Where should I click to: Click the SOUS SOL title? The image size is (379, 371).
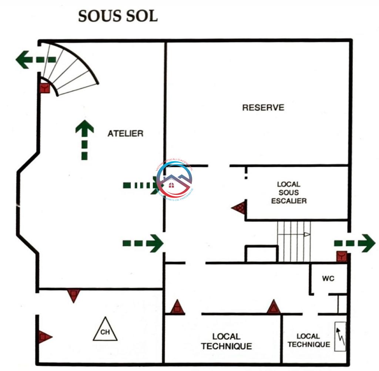click(118, 16)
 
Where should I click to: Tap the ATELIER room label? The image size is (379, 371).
click(125, 133)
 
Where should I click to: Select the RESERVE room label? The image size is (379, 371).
click(263, 108)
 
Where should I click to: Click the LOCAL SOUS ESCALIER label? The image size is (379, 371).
click(289, 193)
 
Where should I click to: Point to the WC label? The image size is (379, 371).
click(328, 279)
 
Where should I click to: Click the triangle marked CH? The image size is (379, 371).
click(105, 330)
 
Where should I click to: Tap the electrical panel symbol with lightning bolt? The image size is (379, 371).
click(340, 337)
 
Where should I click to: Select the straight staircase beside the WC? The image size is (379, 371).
click(294, 241)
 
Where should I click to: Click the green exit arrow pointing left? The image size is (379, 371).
click(35, 59)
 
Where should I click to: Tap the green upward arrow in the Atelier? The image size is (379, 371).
click(84, 140)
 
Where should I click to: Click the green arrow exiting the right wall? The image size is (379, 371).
click(355, 243)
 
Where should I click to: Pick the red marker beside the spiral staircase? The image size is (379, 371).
click(45, 88)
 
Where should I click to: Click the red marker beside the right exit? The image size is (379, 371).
click(341, 256)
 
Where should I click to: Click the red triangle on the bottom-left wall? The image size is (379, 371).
click(44, 337)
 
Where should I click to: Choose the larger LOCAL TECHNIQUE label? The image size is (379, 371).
click(227, 341)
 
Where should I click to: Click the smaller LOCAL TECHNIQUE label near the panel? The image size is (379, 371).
click(309, 340)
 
